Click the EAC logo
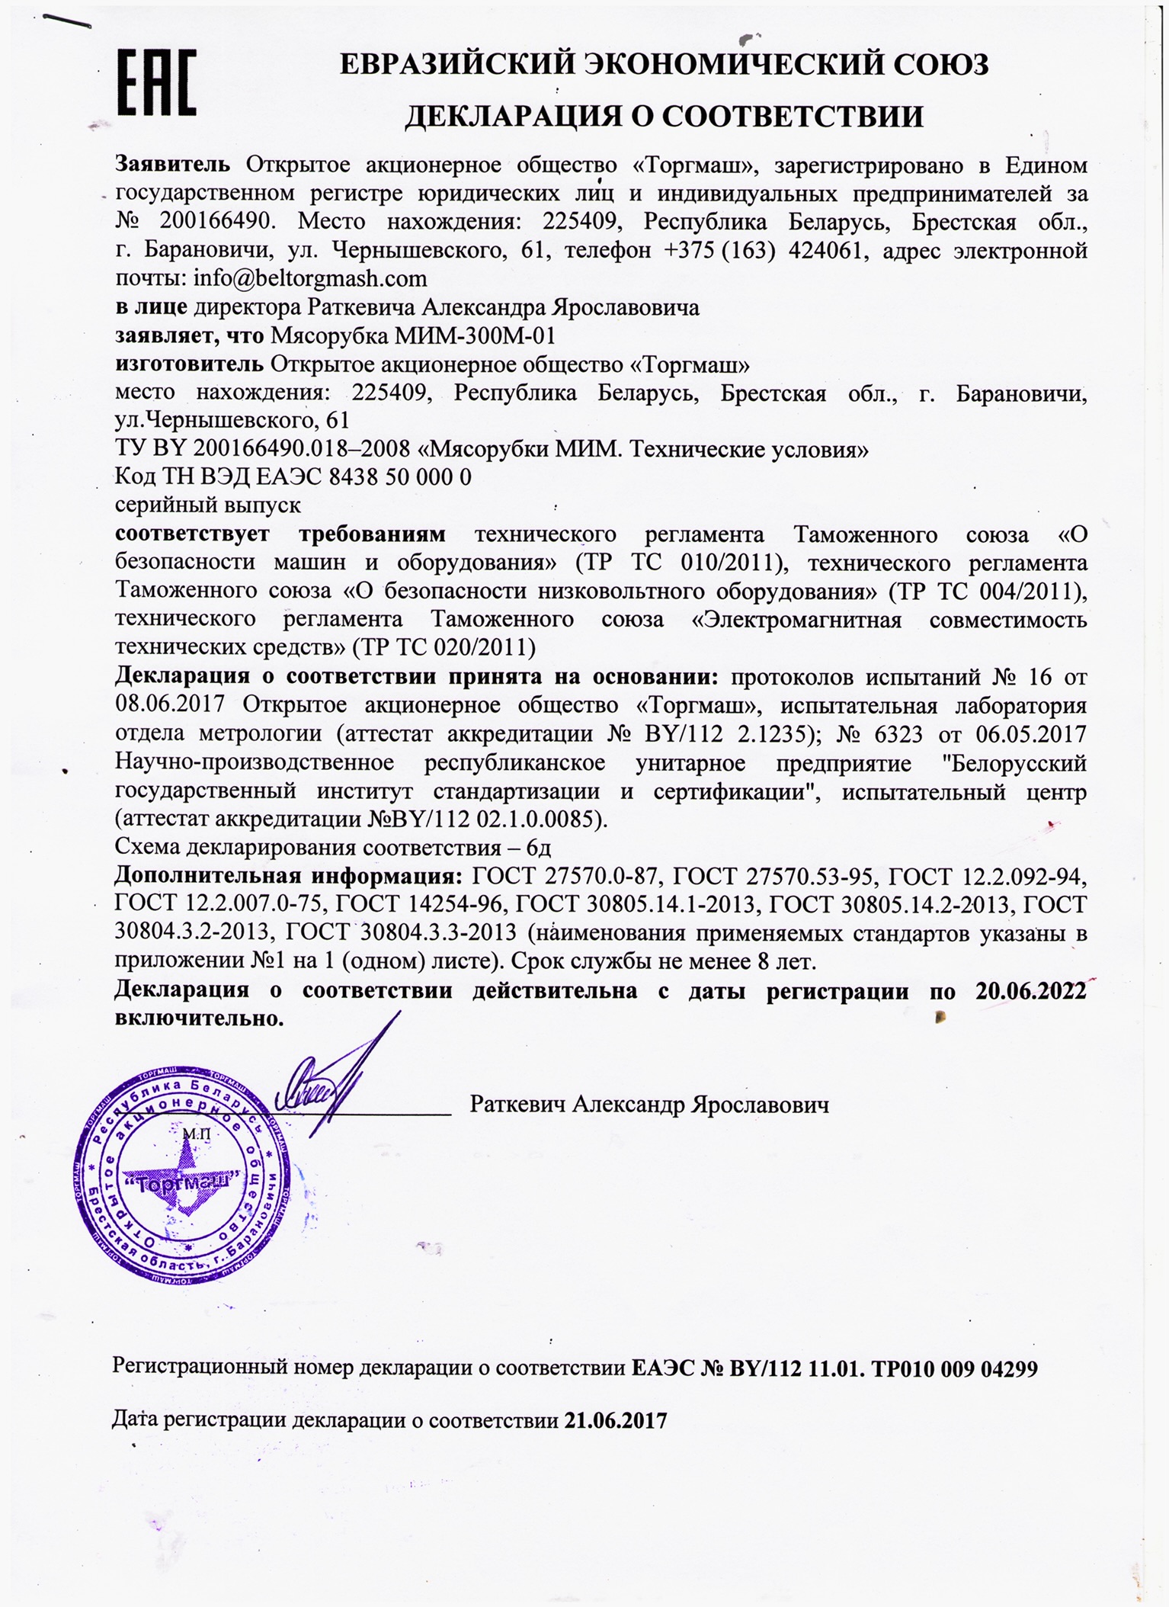coord(157,82)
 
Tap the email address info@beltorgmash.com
coord(309,279)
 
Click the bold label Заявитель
coord(172,165)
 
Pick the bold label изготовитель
coord(190,364)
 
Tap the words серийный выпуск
coord(207,505)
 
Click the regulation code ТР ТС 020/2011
coord(444,647)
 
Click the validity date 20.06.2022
coord(1030,991)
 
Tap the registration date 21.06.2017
coord(616,1422)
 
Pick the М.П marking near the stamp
coord(196,1135)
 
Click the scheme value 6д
coord(539,848)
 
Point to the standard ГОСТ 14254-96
coord(420,905)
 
